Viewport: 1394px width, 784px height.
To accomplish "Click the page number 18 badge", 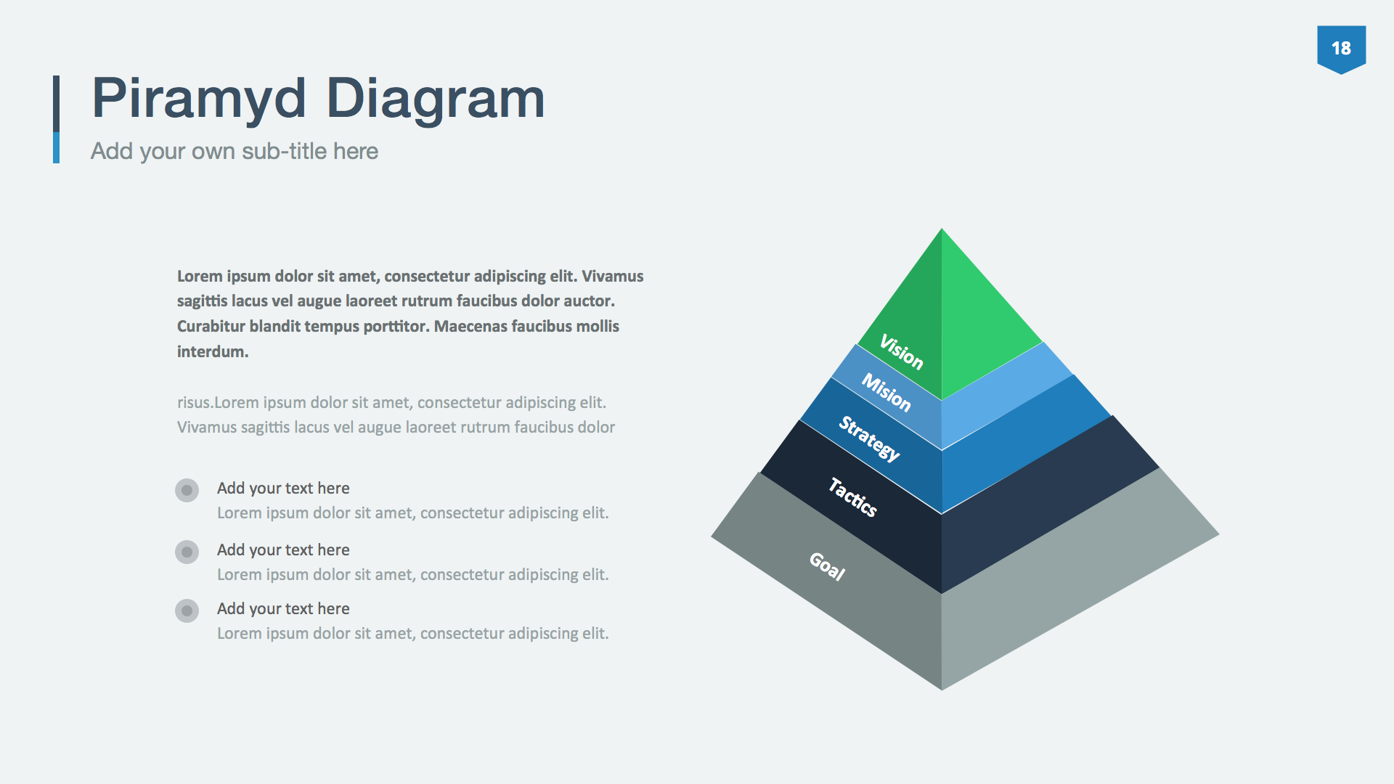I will pyautogui.click(x=1341, y=49).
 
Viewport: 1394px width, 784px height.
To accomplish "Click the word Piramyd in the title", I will pyautogui.click(x=198, y=99).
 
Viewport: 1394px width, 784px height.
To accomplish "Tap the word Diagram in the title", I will pyautogui.click(x=435, y=99).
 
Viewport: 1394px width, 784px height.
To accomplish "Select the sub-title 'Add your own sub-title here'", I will pyautogui.click(x=234, y=151).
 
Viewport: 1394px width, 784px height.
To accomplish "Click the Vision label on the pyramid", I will pyautogui.click(x=901, y=351).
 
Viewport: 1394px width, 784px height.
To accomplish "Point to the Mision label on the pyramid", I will pyautogui.click(x=886, y=392).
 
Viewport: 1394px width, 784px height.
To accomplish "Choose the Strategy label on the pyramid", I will pyautogui.click(x=869, y=438).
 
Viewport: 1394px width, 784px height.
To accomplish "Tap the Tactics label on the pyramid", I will pyautogui.click(x=852, y=497).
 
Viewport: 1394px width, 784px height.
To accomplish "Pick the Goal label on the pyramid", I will pyautogui.click(x=827, y=566).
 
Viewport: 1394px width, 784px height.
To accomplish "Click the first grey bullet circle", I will pyautogui.click(x=187, y=490).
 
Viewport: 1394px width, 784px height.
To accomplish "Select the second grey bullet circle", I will pyautogui.click(x=187, y=552).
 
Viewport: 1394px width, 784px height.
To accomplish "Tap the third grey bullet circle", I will pyautogui.click(x=187, y=611).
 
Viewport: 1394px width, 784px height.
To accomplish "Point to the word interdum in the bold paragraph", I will pyautogui.click(x=212, y=352).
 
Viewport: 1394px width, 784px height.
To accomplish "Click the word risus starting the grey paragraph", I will pyautogui.click(x=194, y=403).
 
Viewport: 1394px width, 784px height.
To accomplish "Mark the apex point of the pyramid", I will pyautogui.click(x=942, y=230).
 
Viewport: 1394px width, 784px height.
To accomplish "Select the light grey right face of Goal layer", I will pyautogui.click(x=1075, y=581).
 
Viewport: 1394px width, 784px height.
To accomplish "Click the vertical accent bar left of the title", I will pyautogui.click(x=56, y=118).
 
